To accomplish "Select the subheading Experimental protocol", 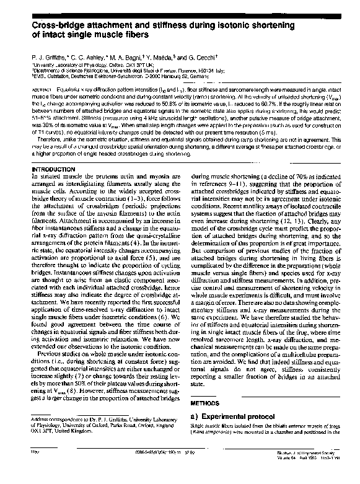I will tap(236, 414).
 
